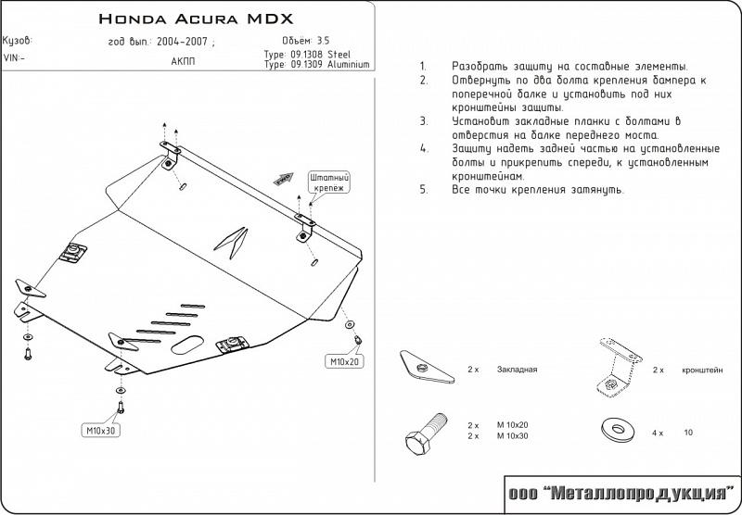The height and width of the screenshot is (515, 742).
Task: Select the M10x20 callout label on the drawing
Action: (343, 360)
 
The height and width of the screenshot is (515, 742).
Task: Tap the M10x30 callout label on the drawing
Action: (102, 430)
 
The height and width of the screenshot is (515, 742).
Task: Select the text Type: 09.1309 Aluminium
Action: (316, 66)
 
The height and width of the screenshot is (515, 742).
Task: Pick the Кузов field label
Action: (18, 41)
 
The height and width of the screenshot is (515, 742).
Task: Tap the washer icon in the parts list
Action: (612, 429)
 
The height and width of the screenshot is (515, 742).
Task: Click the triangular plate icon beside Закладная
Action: (423, 368)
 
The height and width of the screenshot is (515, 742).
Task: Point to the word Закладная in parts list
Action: (518, 370)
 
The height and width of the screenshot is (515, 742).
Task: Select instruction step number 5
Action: (423, 189)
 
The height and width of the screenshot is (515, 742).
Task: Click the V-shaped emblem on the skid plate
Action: (232, 242)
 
